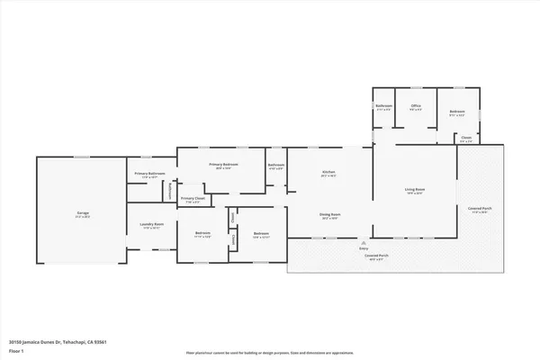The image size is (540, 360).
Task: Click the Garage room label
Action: [82, 212]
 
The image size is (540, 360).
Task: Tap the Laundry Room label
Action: [151, 224]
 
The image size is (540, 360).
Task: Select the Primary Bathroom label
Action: [150, 173]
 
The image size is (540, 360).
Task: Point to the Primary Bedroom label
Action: [223, 165]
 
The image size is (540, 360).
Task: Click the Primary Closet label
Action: [193, 198]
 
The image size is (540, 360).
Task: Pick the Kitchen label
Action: [329, 173]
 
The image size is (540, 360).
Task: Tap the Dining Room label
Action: [329, 214]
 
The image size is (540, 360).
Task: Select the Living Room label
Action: [415, 190]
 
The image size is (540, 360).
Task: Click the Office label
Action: [416, 106]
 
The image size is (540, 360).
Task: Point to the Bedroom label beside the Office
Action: [457, 112]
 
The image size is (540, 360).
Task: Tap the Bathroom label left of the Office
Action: [383, 107]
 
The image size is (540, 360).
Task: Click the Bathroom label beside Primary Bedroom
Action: [276, 165]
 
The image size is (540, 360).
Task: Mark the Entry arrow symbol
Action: [364, 242]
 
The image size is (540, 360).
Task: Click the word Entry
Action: [364, 248]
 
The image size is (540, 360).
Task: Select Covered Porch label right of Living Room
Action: [479, 209]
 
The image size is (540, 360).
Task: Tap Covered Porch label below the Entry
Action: [364, 256]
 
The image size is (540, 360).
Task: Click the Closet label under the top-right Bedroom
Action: [465, 138]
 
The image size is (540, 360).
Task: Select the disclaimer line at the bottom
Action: [270, 352]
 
